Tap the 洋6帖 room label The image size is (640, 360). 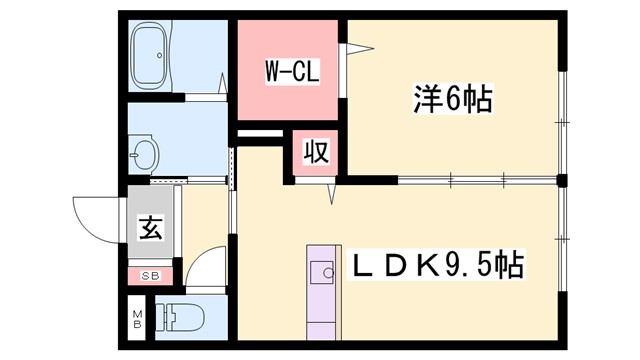pyautogui.click(x=452, y=99)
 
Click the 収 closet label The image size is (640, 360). pyautogui.click(x=316, y=154)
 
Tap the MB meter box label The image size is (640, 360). pyautogui.click(x=138, y=322)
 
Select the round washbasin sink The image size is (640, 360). pyautogui.click(x=145, y=156)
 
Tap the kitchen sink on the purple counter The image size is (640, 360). pyautogui.click(x=323, y=272)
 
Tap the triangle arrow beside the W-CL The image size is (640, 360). pyautogui.click(x=357, y=46)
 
